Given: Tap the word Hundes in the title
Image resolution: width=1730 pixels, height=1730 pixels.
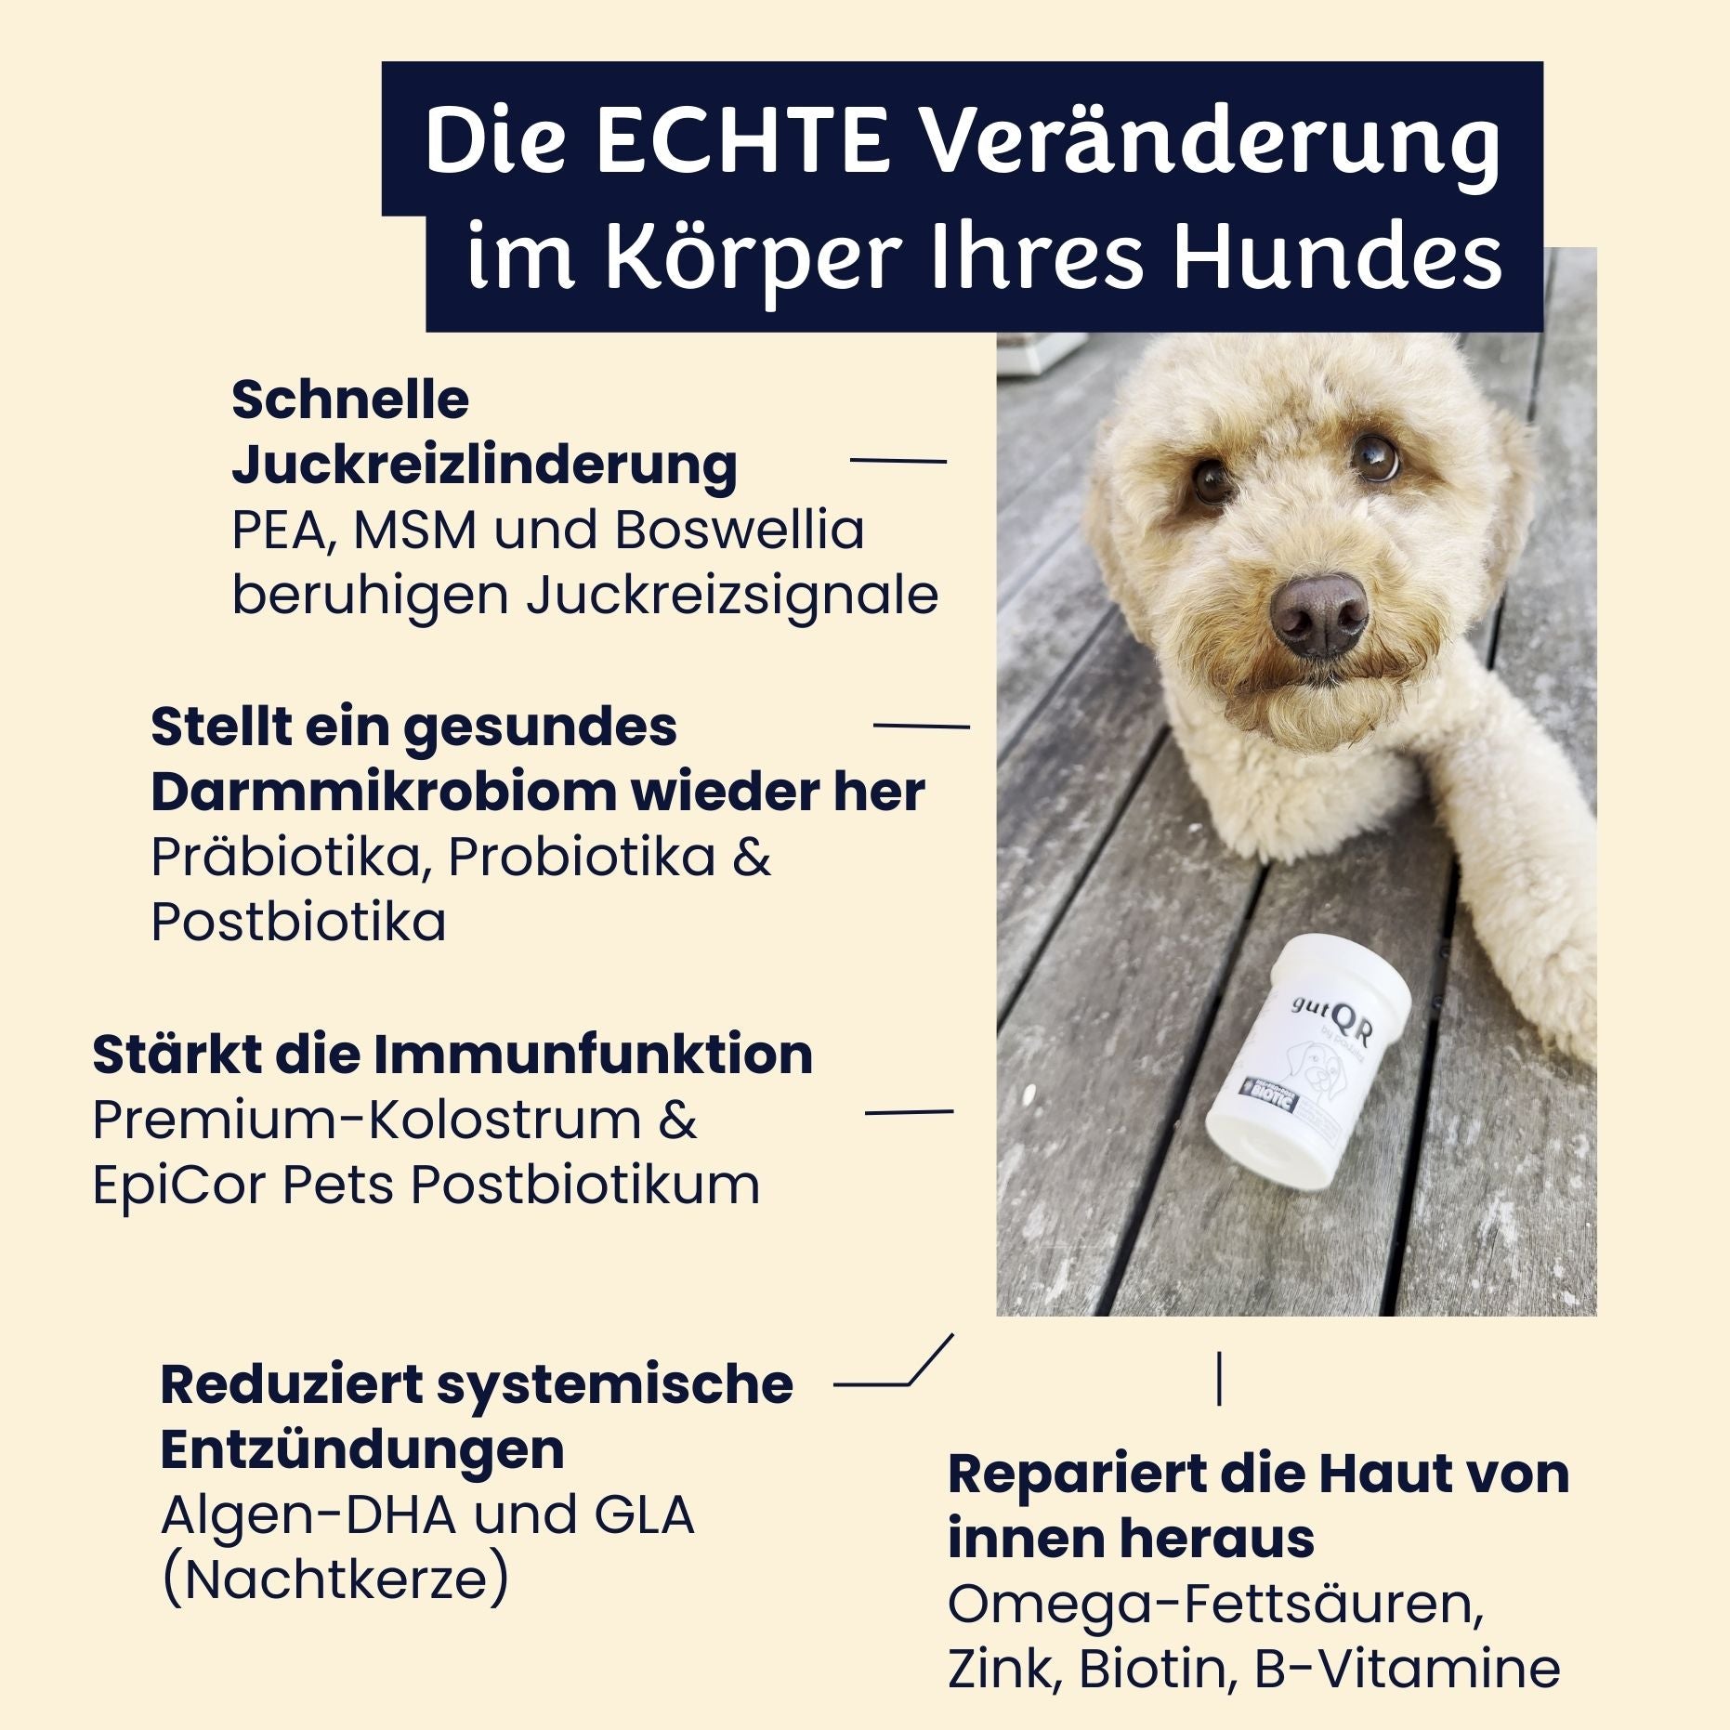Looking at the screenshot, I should click(x=1337, y=257).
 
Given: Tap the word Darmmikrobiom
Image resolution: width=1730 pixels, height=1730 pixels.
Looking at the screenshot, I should click(x=382, y=792).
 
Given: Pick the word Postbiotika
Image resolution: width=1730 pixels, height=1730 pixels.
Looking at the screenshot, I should click(x=298, y=922).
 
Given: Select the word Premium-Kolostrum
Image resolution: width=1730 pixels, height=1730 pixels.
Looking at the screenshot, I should click(x=367, y=1120).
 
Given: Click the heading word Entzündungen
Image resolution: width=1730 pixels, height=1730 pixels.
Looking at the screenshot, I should click(x=362, y=1449).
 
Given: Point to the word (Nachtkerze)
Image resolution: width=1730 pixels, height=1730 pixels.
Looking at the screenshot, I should click(x=334, y=1579).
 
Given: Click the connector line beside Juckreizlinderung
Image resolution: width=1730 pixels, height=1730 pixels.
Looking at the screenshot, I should click(x=898, y=460).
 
